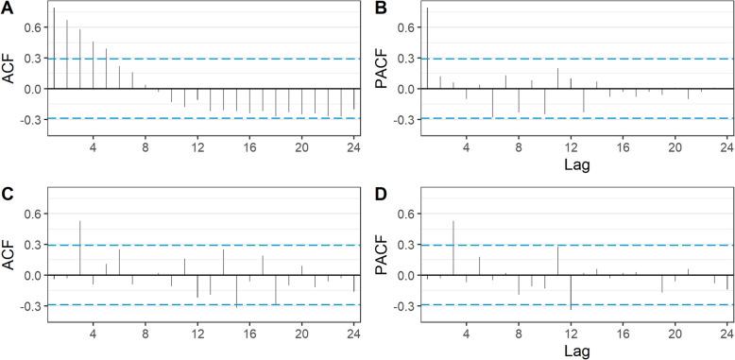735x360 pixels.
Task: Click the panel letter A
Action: (x=8, y=9)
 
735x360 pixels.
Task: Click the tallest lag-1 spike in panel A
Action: (x=54, y=47)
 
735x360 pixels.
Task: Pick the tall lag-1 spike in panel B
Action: (x=427, y=47)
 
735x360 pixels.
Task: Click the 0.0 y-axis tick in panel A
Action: (x=30, y=89)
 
